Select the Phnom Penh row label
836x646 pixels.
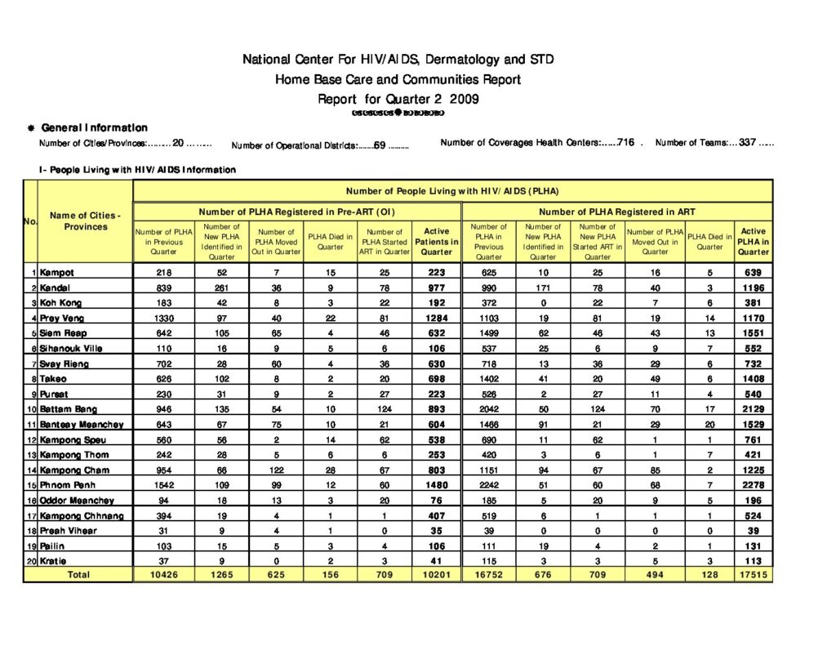66,485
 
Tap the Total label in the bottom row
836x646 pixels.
78,575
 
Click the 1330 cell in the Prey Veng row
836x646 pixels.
164,318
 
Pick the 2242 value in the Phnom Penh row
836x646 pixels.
489,485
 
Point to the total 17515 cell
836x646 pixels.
753,575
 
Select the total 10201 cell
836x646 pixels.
437,575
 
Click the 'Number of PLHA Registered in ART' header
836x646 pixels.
617,212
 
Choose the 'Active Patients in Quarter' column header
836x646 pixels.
437,242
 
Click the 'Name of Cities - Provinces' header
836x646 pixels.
85,221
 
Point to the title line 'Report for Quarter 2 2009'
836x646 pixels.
398,99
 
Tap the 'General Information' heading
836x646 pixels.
94,127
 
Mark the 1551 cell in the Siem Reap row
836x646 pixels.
753,333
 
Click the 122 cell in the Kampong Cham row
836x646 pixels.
276,470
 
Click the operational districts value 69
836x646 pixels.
380,145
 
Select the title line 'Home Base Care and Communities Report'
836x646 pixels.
398,79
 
